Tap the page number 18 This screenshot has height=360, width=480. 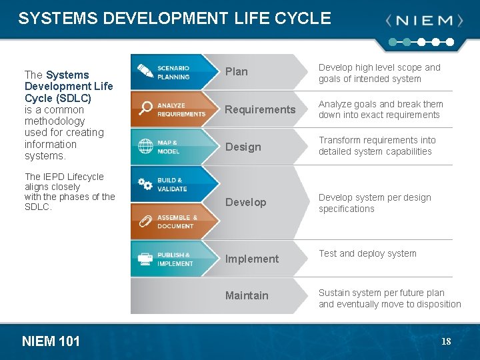pyautogui.click(x=446, y=342)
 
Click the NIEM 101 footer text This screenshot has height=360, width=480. pyautogui.click(x=51, y=342)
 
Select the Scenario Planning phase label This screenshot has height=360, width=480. pyautogui.click(x=173, y=72)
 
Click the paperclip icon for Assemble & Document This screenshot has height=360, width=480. pyautogui.click(x=145, y=221)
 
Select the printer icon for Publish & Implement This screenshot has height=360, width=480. pyautogui.click(x=145, y=259)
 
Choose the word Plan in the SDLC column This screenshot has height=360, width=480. pyautogui.click(x=236, y=72)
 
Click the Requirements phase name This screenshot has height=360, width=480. pyautogui.click(x=259, y=109)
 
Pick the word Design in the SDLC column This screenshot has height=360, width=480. pyautogui.click(x=243, y=147)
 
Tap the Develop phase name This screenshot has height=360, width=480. pyautogui.click(x=245, y=202)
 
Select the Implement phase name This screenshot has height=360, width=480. pyautogui.click(x=251, y=259)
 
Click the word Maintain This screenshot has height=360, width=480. pyautogui.click(x=247, y=295)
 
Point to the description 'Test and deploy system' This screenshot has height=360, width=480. pyautogui.click(x=367, y=253)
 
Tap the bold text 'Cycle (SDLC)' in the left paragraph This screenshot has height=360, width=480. pyautogui.click(x=58, y=98)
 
